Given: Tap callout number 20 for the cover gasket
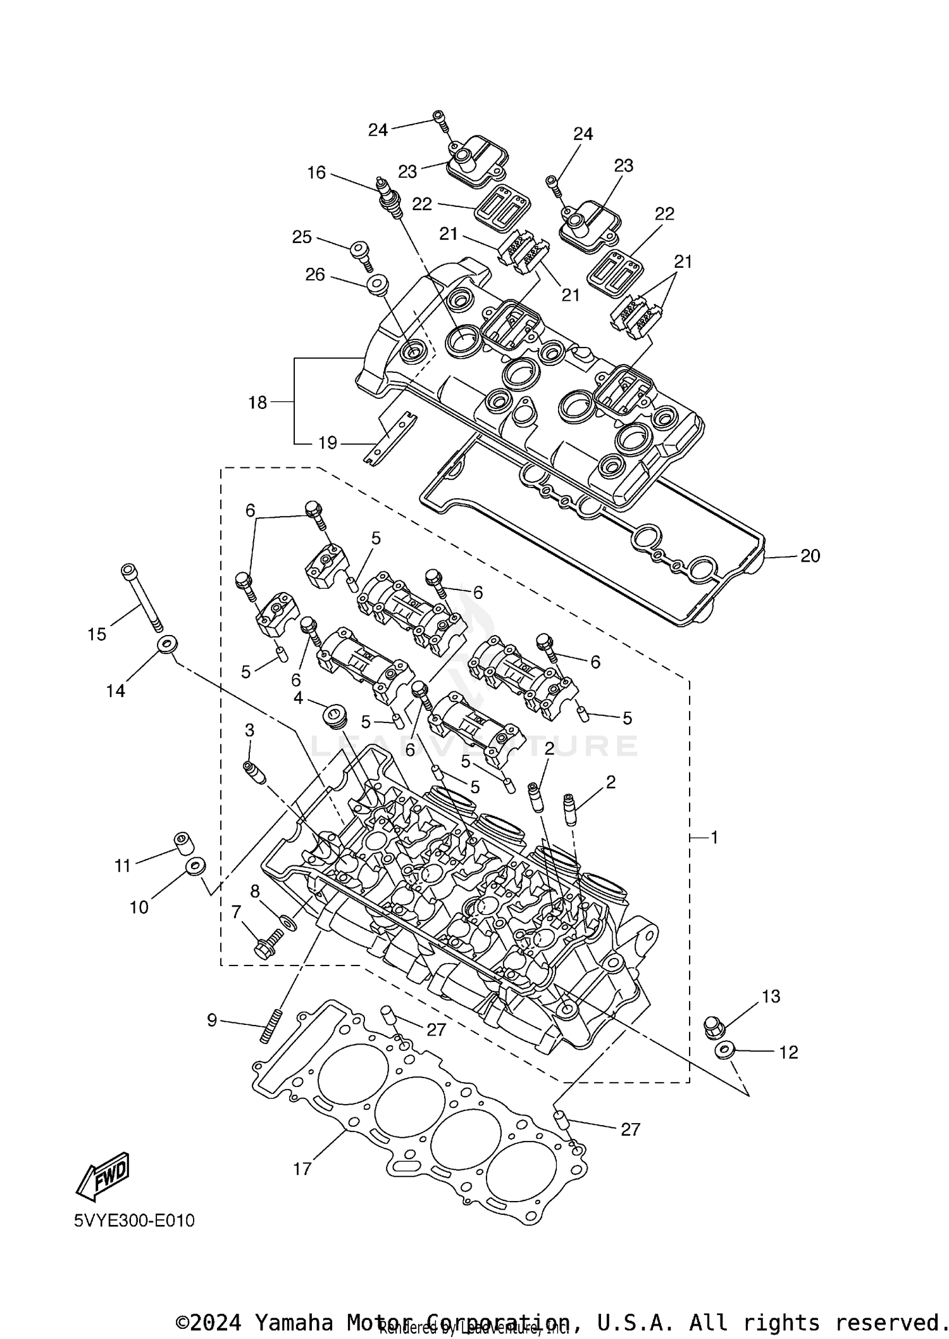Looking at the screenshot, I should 810,556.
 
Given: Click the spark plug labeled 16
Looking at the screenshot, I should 390,198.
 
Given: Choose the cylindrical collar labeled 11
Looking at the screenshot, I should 183,843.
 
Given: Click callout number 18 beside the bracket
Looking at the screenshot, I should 257,403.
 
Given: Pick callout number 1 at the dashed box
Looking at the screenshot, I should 714,838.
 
